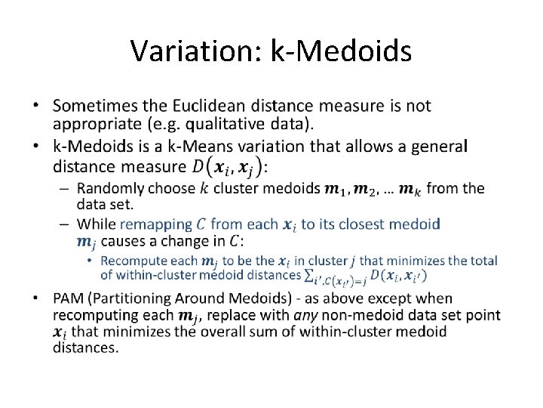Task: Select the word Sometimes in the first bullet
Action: click(95, 106)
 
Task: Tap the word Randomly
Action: click(109, 188)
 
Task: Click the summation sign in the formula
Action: click(309, 275)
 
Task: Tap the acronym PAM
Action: click(69, 299)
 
